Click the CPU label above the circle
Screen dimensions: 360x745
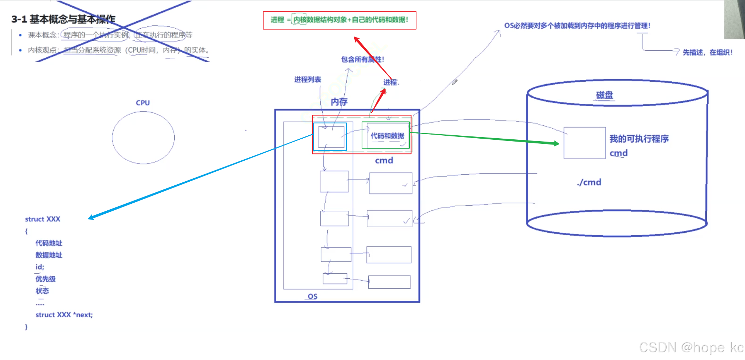point(143,103)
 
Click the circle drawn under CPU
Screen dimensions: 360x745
point(143,138)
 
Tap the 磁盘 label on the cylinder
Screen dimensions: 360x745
point(604,95)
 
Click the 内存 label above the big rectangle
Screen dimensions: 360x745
point(339,102)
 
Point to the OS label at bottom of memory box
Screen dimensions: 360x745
point(312,296)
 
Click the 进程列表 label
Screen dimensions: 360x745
point(308,79)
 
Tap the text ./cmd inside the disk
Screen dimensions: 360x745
point(589,182)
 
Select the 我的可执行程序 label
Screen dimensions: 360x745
point(639,139)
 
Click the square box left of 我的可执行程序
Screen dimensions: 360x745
point(584,143)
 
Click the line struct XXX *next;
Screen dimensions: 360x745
point(64,315)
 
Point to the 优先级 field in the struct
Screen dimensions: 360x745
point(46,279)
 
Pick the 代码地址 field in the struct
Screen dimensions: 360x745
point(49,243)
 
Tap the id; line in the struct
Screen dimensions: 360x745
point(40,267)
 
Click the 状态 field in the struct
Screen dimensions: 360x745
point(42,291)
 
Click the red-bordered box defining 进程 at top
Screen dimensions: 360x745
point(339,20)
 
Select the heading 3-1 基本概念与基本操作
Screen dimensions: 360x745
point(63,19)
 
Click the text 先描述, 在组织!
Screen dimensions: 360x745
point(707,52)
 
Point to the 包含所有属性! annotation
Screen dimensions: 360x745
point(362,59)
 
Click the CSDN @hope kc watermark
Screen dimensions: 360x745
point(691,347)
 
